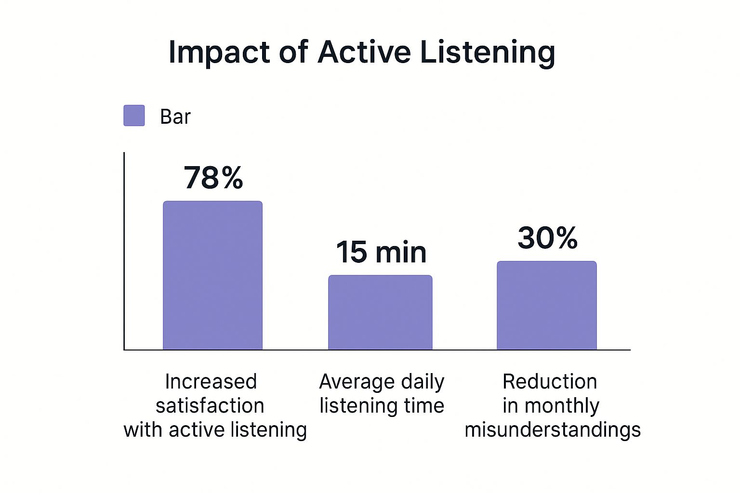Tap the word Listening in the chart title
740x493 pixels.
(488, 52)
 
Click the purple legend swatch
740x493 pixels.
(134, 116)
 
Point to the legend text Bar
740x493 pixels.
(175, 117)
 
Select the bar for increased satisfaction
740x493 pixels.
(212, 275)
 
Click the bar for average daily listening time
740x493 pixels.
(380, 312)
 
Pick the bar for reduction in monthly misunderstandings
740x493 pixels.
(547, 305)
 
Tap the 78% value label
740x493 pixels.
(213, 178)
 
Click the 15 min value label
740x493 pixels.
(381, 252)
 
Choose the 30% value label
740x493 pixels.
(547, 237)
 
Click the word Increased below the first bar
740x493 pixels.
(211, 382)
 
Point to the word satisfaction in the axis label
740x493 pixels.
(210, 405)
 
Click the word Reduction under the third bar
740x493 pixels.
(550, 382)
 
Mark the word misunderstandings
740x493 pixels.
(553, 429)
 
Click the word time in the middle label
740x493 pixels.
(424, 405)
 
